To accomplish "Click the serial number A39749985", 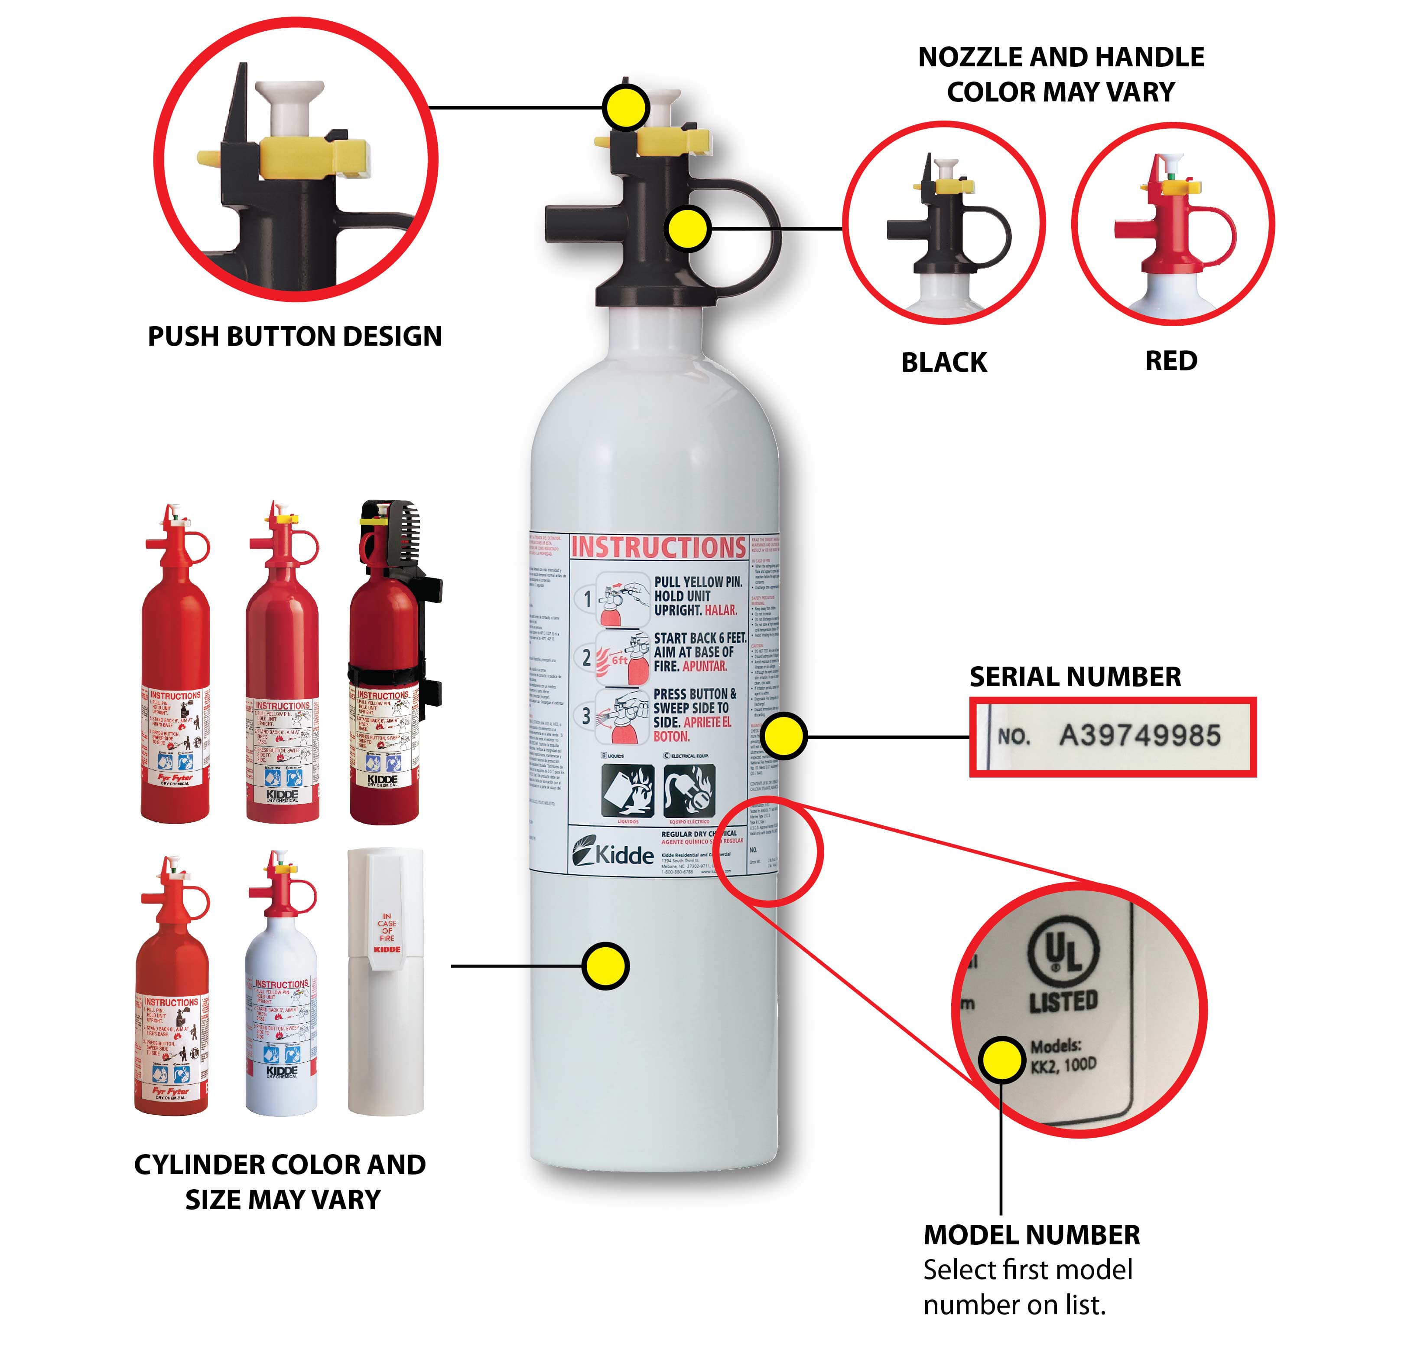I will (x=1139, y=735).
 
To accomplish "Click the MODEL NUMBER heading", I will (x=1031, y=1234).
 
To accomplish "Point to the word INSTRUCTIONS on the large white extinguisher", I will (x=658, y=547).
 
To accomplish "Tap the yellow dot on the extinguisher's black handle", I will (x=688, y=229).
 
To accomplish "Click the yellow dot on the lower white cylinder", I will (x=605, y=966).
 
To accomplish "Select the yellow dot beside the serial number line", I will (x=784, y=736).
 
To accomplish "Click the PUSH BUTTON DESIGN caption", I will (x=294, y=336).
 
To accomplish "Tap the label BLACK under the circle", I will (x=943, y=362).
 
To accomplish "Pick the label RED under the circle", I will (x=1170, y=361).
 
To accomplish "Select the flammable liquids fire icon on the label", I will (x=627, y=790).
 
